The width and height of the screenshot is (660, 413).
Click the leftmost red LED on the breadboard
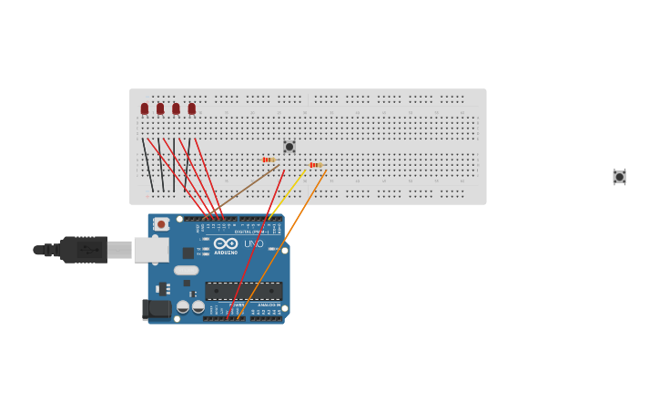pos(144,108)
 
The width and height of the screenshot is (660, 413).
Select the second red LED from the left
pos(160,108)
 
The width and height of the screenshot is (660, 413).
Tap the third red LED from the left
pos(176,108)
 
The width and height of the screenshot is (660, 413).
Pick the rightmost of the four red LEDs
pos(191,108)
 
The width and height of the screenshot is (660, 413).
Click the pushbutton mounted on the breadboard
pos(289,147)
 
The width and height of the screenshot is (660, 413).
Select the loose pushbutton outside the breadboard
pos(619,177)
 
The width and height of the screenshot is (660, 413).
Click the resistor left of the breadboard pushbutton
pos(269,160)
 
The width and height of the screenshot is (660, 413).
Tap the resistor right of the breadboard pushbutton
pos(316,165)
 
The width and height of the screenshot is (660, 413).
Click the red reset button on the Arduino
pos(161,224)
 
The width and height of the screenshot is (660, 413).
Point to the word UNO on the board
pos(253,244)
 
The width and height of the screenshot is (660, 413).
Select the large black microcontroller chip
pos(243,291)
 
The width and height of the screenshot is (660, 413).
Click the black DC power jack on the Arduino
pos(157,310)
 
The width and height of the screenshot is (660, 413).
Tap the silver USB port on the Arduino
pos(151,249)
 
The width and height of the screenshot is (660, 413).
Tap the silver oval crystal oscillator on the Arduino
pos(186,270)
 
